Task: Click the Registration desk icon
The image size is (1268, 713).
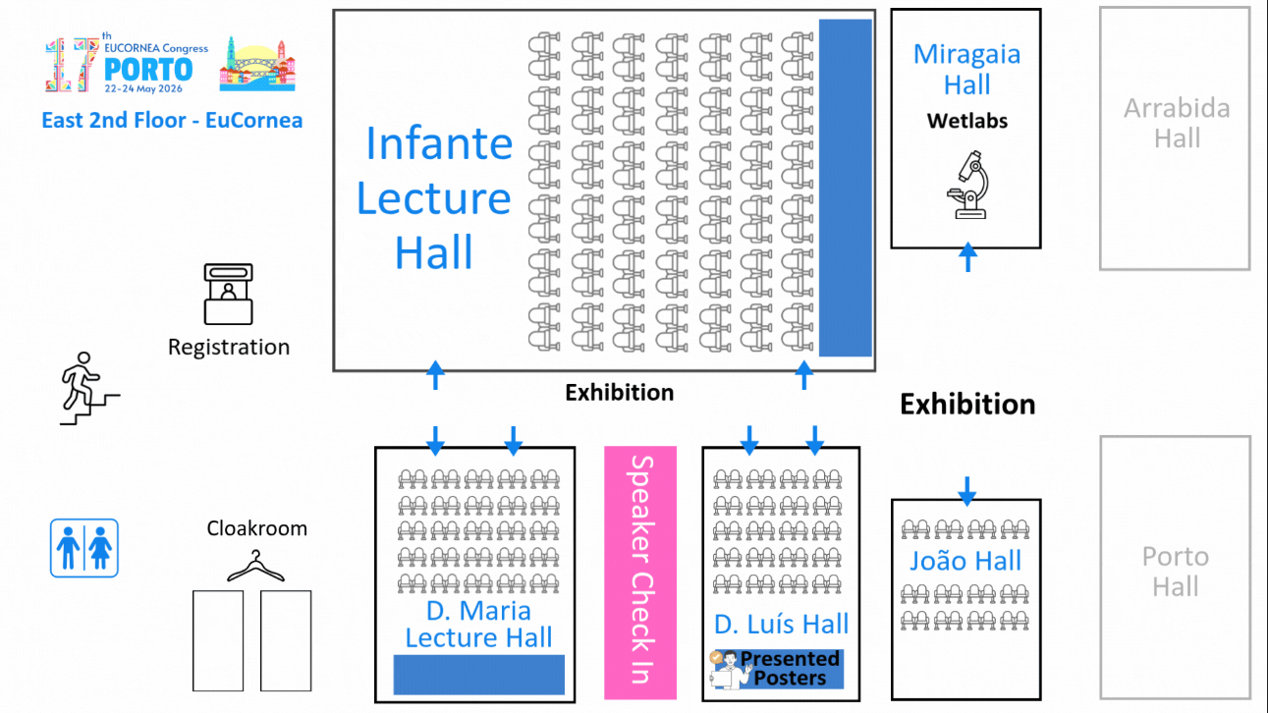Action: click(228, 294)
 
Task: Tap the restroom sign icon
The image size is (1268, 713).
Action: click(84, 548)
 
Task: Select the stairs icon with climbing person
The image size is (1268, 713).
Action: click(88, 388)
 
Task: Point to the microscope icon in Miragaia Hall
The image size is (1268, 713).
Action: click(967, 184)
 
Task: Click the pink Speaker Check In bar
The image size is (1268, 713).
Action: click(640, 573)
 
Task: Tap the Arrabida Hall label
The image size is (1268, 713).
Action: click(1177, 123)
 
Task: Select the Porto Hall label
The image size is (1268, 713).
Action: click(1175, 572)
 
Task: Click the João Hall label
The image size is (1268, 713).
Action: click(965, 561)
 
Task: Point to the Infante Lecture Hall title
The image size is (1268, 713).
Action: click(434, 198)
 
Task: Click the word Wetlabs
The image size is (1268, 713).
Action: click(967, 122)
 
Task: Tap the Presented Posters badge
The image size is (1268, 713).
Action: click(777, 668)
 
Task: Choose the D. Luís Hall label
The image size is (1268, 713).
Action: click(781, 625)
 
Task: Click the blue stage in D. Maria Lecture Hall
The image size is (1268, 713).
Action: click(478, 675)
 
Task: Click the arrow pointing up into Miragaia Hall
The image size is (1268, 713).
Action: click(967, 257)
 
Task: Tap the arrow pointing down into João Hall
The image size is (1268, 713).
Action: click(966, 489)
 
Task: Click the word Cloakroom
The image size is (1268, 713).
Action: click(256, 528)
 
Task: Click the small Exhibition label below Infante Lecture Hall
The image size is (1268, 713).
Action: click(619, 393)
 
